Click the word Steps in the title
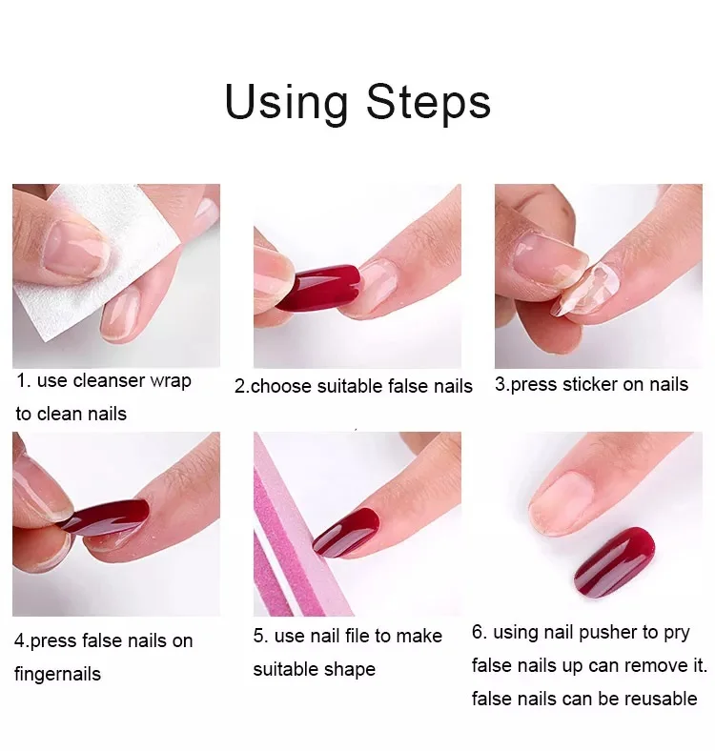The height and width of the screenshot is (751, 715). point(428,103)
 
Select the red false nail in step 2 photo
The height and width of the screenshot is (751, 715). point(318,287)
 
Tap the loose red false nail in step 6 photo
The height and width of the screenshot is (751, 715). point(614,561)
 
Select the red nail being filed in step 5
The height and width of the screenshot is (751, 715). point(346,532)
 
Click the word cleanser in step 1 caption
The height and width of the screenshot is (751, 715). point(109,381)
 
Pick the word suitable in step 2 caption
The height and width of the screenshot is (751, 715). point(350,386)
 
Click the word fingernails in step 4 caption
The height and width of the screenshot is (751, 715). point(57,675)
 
